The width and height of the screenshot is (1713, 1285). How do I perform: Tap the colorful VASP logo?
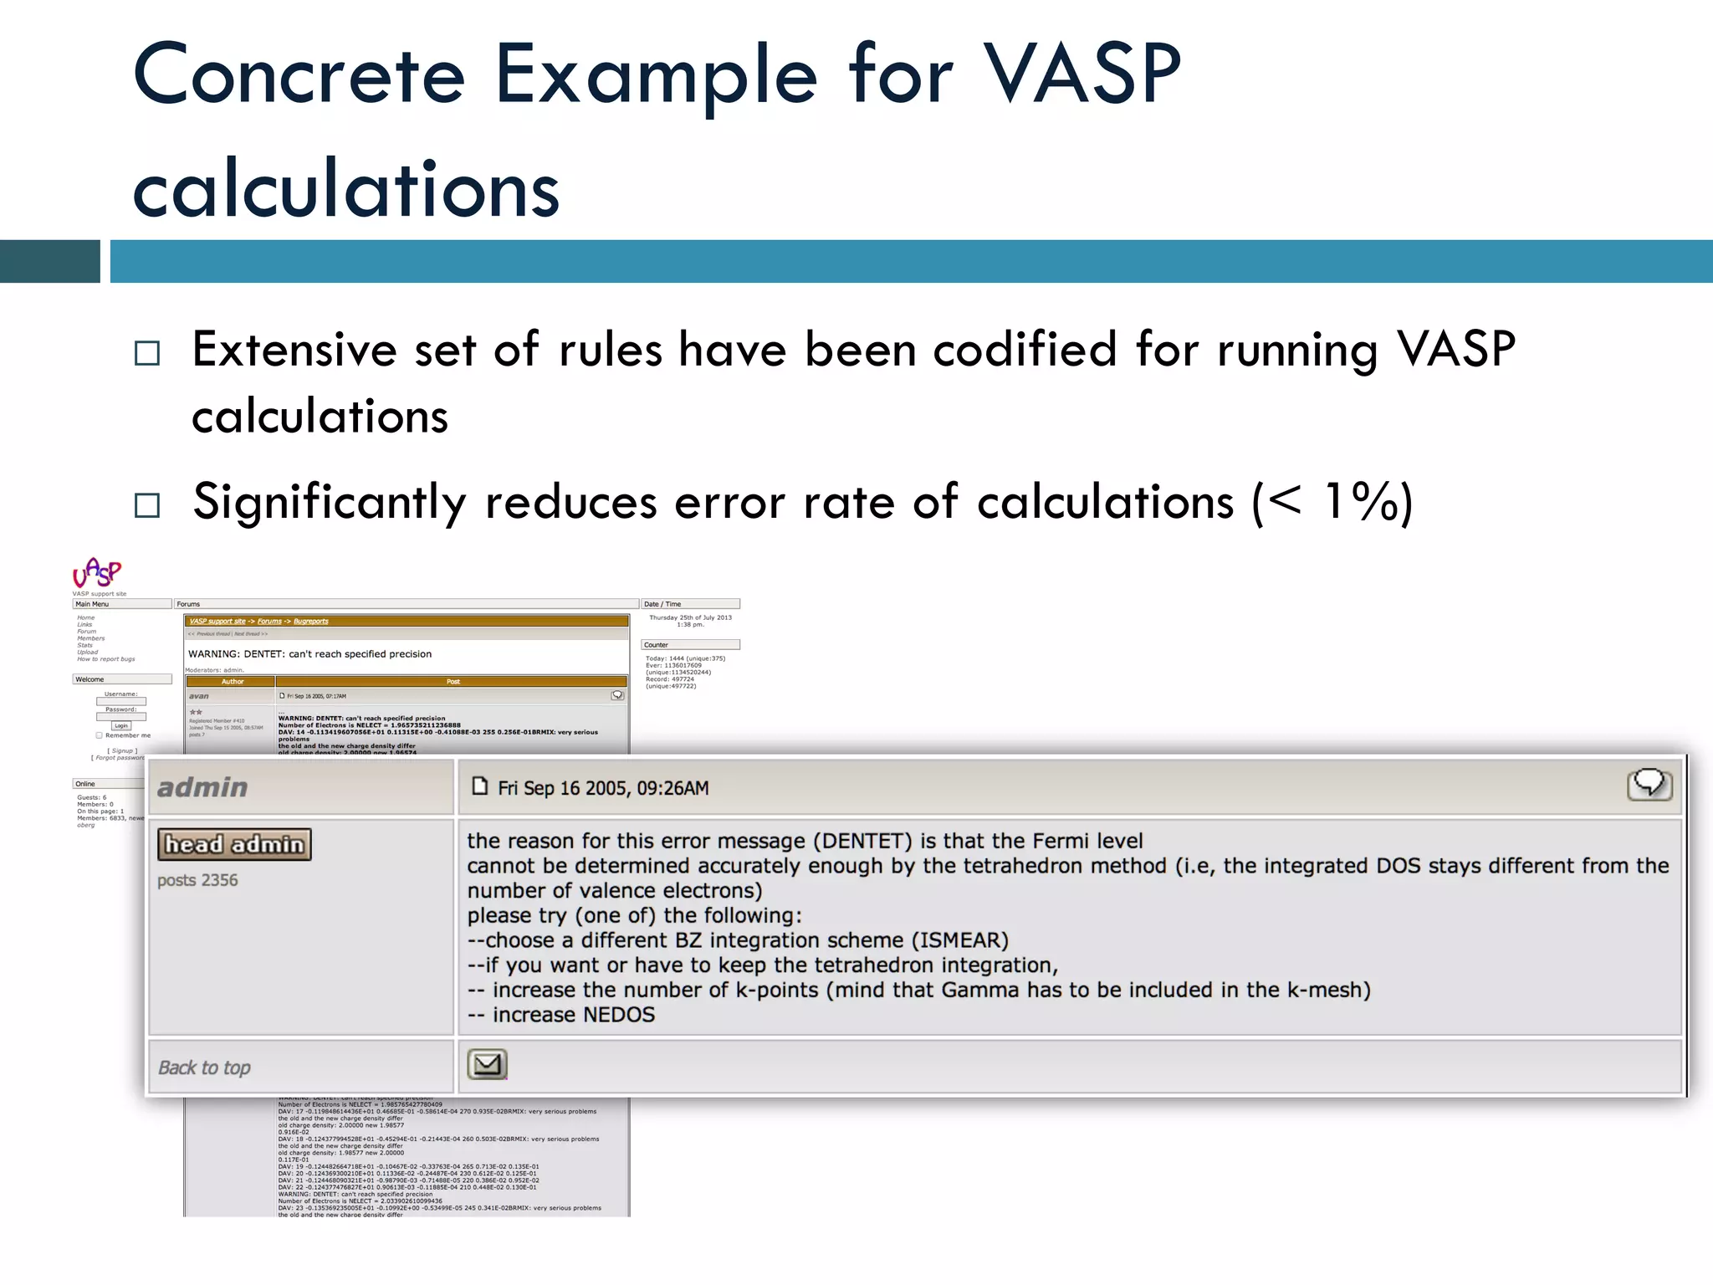(x=97, y=573)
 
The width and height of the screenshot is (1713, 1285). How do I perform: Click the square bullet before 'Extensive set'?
(x=147, y=353)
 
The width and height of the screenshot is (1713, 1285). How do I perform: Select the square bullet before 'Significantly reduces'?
(x=147, y=505)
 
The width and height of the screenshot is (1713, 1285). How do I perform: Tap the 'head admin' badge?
(x=234, y=844)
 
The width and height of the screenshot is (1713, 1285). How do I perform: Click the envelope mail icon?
(x=487, y=1064)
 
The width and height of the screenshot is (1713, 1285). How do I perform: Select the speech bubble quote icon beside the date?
(x=1649, y=785)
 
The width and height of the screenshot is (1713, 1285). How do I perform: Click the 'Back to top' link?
(x=204, y=1067)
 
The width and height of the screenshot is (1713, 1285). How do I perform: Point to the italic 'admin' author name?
(x=202, y=787)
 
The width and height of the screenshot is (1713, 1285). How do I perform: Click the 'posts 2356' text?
(x=197, y=880)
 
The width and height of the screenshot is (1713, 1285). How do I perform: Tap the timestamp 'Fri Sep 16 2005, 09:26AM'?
(x=602, y=788)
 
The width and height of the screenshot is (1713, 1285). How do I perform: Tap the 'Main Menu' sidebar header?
(x=92, y=604)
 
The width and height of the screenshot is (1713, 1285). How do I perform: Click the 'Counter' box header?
(x=656, y=645)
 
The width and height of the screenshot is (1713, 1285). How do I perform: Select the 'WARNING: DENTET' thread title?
(x=309, y=654)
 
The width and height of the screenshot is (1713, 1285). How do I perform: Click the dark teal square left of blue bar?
(x=49, y=261)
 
